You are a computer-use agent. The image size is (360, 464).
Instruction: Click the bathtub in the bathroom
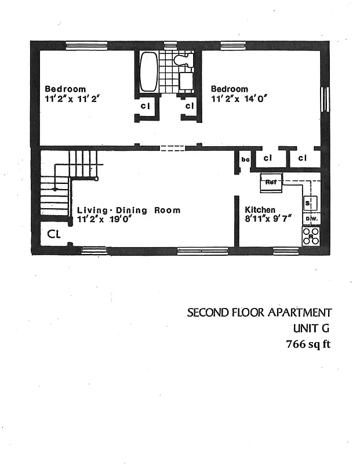(148, 72)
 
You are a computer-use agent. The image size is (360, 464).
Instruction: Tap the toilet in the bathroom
(184, 60)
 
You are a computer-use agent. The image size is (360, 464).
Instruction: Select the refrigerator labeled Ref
(271, 182)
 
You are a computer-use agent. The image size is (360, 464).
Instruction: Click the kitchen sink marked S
(308, 202)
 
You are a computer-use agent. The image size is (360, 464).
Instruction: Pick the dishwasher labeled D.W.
(310, 219)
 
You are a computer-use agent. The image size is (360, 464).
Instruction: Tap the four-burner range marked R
(310, 235)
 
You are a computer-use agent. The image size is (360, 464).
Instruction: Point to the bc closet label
(245, 159)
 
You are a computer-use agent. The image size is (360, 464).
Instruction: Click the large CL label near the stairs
(54, 234)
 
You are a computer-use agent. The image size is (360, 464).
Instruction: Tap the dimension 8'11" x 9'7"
(267, 219)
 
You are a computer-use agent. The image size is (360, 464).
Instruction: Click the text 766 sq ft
(308, 345)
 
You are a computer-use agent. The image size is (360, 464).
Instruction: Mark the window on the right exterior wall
(325, 98)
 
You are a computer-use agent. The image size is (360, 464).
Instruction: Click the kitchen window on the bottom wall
(285, 251)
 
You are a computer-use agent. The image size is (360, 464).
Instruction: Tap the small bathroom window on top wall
(170, 45)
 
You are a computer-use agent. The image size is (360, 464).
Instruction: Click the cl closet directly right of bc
(267, 158)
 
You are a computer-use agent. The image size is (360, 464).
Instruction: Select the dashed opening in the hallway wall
(172, 148)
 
